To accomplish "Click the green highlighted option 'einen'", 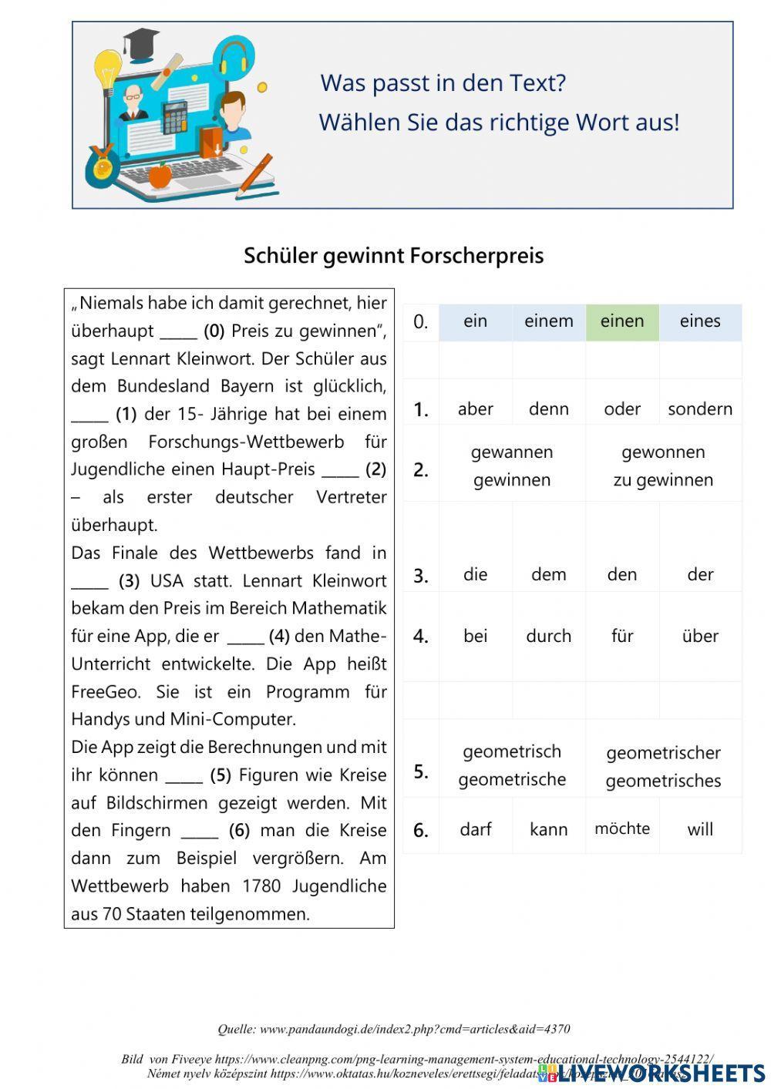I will coord(622,321).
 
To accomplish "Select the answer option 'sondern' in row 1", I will coord(700,409).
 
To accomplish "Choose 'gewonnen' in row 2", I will coord(663,452).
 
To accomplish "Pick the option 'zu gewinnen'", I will coord(663,480).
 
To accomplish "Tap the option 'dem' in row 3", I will coord(549,575).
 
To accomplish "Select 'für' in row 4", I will coord(622,637).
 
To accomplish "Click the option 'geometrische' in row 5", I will coord(512,780).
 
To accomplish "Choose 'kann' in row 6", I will coord(549,830).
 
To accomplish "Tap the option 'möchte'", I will coord(622,829).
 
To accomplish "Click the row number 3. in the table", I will coord(421,576).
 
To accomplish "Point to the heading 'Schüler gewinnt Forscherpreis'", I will coord(394,256).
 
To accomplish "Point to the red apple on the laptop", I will coord(160,176).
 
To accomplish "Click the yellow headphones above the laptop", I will coord(233,56).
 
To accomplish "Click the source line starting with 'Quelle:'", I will coord(394,1029).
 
